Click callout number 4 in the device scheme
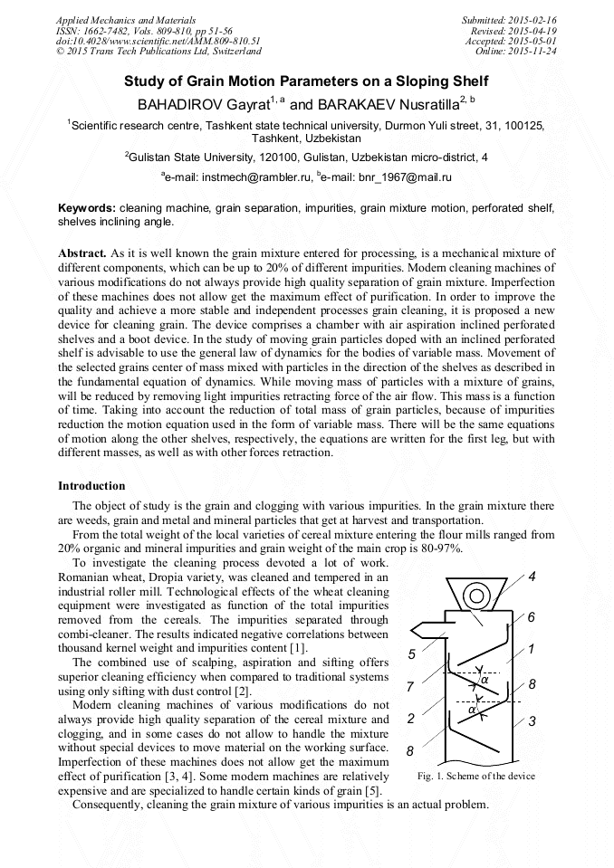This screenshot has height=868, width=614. pyautogui.click(x=532, y=577)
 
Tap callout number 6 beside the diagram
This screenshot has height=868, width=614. pyautogui.click(x=531, y=617)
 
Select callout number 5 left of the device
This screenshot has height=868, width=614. pyautogui.click(x=412, y=654)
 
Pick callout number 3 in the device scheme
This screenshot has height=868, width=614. pyautogui.click(x=532, y=721)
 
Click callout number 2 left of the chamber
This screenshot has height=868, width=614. pyautogui.click(x=411, y=719)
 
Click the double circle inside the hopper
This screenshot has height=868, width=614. pyautogui.click(x=477, y=596)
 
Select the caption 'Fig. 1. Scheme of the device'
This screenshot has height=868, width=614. pyautogui.click(x=475, y=776)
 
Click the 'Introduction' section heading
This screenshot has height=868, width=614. pyautogui.click(x=91, y=486)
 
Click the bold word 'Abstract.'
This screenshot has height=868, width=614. pyautogui.click(x=82, y=253)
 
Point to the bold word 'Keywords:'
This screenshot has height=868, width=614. pyautogui.click(x=87, y=208)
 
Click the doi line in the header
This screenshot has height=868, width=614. pyautogui.click(x=158, y=41)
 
